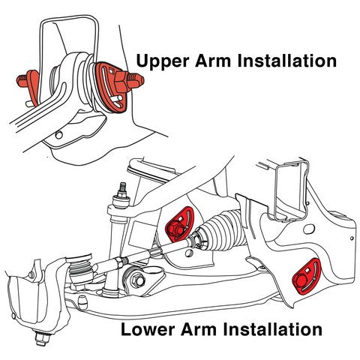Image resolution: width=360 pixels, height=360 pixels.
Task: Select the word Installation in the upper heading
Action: click(287, 61)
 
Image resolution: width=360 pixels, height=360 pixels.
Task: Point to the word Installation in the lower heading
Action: click(272, 329)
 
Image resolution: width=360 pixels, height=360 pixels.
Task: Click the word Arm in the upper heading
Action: click(213, 61)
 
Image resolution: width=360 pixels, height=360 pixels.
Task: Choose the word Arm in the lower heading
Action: click(199, 329)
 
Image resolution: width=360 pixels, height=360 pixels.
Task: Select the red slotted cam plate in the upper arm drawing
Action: click(110, 88)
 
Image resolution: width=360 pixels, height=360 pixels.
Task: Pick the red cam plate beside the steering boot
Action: click(179, 224)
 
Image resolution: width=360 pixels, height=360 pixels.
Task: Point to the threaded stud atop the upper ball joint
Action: click(122, 187)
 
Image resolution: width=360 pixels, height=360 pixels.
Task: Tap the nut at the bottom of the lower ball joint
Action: click(41, 337)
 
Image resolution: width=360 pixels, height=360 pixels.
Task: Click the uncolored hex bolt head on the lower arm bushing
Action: click(137, 280)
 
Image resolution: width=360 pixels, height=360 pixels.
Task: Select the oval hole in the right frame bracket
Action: click(309, 229)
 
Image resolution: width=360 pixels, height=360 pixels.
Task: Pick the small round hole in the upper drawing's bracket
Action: click(59, 135)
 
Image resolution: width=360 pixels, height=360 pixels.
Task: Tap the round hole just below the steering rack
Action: click(188, 253)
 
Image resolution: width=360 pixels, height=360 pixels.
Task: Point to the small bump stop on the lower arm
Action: click(82, 301)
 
